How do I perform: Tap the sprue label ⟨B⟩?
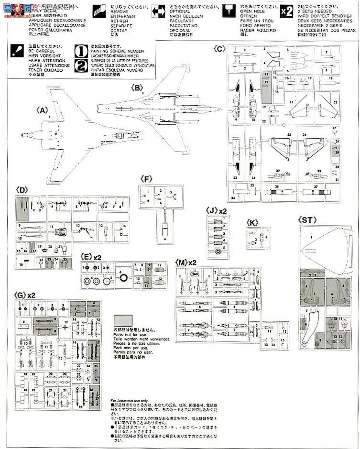point(137,88)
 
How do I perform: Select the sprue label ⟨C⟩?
point(219,49)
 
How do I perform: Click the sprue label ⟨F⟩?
point(146,179)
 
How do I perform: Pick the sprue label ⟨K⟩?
point(253,222)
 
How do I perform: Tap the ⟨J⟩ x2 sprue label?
point(216,210)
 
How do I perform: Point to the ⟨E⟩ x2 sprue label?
point(91,257)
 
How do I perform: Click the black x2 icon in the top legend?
point(285,12)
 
